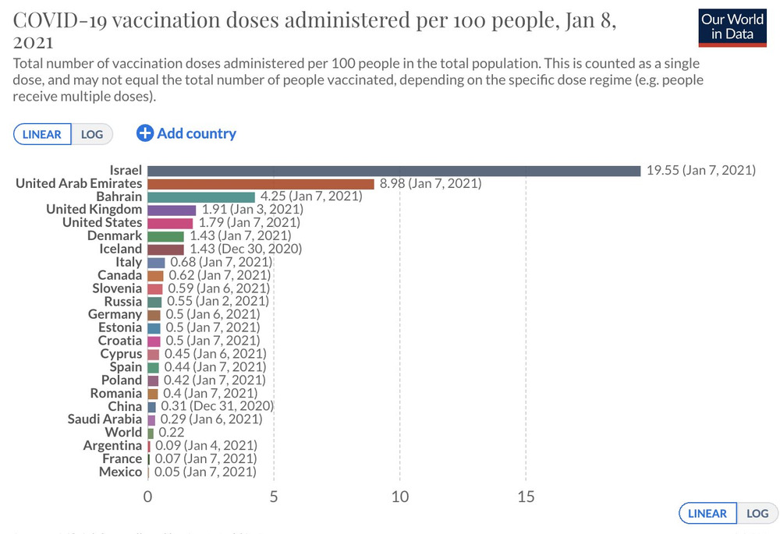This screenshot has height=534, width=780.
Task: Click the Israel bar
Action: coord(394,170)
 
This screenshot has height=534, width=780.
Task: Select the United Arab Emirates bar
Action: coord(261,183)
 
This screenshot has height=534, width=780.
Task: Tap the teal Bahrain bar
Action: coord(201,196)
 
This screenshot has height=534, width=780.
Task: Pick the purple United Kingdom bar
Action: coord(172,210)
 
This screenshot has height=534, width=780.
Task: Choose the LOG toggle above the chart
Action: coord(92,134)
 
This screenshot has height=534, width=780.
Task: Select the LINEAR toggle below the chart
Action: coord(707,513)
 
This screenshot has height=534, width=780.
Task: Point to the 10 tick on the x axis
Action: coord(400,496)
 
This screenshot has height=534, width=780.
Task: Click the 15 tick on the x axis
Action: coord(526,496)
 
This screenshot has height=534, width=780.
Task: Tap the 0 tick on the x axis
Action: coord(147,496)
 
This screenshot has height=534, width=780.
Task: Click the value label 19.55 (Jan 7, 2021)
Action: coord(700,170)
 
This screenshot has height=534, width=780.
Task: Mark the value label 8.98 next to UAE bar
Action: coord(431,183)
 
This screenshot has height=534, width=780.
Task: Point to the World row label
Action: coord(124,433)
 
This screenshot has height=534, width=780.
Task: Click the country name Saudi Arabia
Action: coord(105,419)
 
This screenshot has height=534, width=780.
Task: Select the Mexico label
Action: coord(121,472)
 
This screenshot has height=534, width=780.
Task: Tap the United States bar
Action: coord(170,223)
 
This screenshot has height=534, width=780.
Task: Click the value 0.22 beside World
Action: coord(172,433)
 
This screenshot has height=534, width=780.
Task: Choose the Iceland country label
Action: coord(120,249)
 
